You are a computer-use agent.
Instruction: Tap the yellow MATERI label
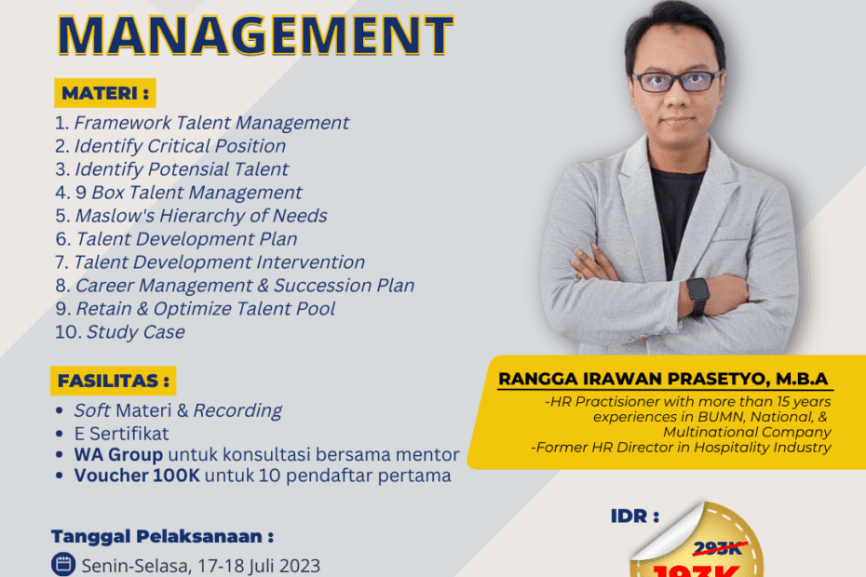coord(103,93)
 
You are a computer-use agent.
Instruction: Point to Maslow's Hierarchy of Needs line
coord(200,216)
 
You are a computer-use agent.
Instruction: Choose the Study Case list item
coord(135,332)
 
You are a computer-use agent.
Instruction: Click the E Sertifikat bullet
coord(121,433)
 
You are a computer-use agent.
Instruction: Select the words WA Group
coord(118,455)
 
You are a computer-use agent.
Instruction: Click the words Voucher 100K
coord(137,476)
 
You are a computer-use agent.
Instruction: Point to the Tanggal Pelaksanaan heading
coord(163,537)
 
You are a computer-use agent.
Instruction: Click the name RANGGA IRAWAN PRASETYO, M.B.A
coord(663,379)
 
